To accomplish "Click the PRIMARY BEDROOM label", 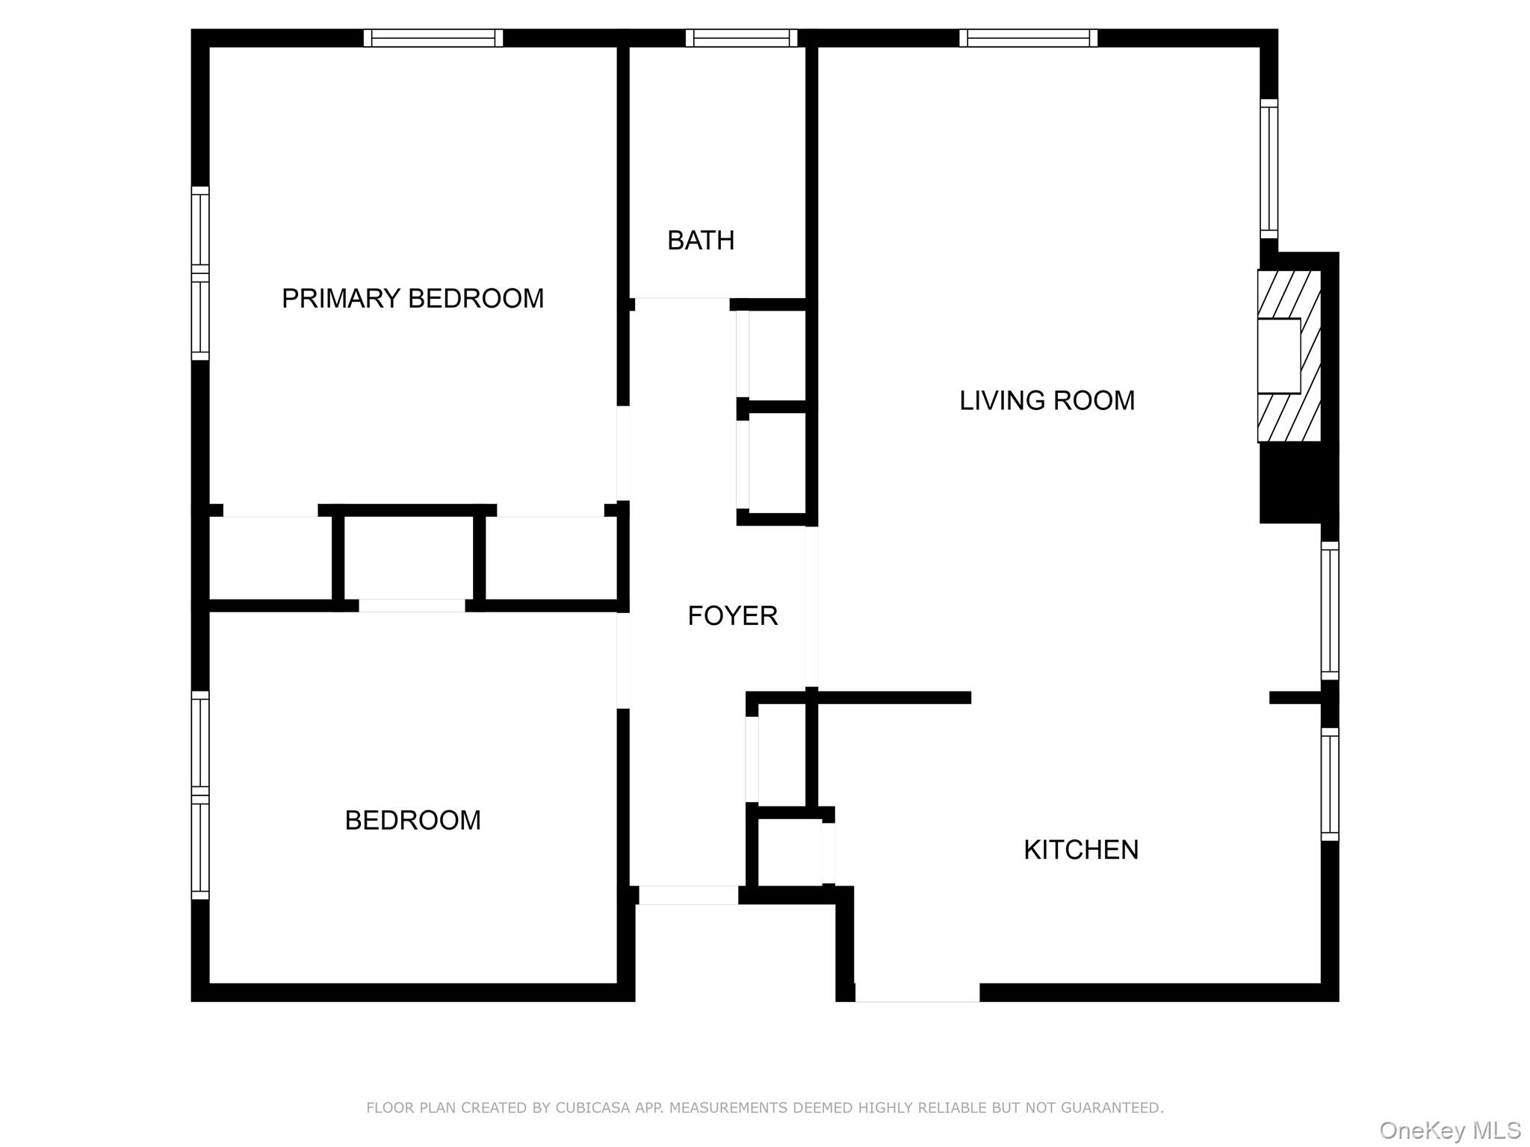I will pyautogui.click(x=412, y=299).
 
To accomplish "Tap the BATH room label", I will pyautogui.click(x=701, y=240).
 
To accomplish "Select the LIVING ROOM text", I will pyautogui.click(x=1047, y=401).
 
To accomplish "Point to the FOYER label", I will pyautogui.click(x=732, y=616).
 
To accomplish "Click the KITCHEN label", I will pyautogui.click(x=1080, y=850).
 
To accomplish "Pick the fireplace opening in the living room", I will pyautogui.click(x=1278, y=356).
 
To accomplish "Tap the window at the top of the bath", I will pyautogui.click(x=741, y=38).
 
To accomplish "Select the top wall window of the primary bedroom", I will pyautogui.click(x=433, y=38).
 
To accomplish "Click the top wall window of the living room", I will pyautogui.click(x=1028, y=38).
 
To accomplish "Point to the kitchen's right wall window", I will pyautogui.click(x=1330, y=783).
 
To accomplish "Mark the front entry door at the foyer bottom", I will pyautogui.click(x=688, y=895).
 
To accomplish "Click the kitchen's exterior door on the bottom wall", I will pyautogui.click(x=917, y=992).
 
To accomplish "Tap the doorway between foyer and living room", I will pyautogui.click(x=811, y=606).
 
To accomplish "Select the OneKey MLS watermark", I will pyautogui.click(x=1449, y=1130).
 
